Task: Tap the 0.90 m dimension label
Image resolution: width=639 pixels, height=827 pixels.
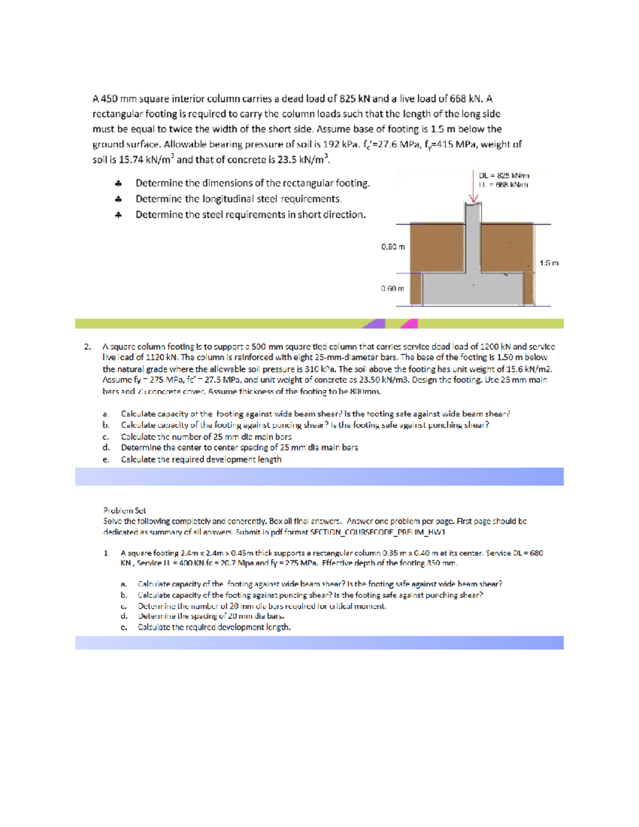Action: click(x=393, y=247)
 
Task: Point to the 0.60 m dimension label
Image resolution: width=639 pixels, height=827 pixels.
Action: click(x=392, y=289)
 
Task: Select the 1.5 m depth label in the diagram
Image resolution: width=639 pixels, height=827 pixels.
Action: click(x=549, y=263)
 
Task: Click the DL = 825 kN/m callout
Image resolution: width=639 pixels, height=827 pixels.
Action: click(x=504, y=175)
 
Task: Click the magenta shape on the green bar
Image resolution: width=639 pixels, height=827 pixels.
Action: click(x=409, y=323)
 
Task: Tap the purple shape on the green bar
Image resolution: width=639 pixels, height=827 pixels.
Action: click(x=375, y=323)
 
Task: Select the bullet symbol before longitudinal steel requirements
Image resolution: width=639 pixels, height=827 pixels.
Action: click(x=118, y=199)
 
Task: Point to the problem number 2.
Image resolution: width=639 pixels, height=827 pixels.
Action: click(x=87, y=347)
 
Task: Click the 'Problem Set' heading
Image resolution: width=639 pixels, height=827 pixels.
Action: click(x=125, y=510)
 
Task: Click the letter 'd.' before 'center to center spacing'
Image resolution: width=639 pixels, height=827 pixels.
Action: click(x=106, y=448)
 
